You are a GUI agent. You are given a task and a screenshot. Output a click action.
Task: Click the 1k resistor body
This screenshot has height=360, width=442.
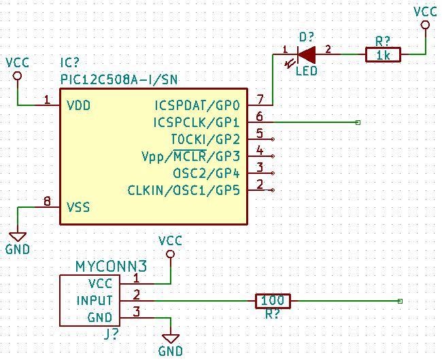coord(383,55)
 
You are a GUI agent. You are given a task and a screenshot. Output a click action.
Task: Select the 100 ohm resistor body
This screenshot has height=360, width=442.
coord(273,300)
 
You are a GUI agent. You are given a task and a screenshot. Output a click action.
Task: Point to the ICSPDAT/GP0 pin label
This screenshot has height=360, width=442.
coord(197,106)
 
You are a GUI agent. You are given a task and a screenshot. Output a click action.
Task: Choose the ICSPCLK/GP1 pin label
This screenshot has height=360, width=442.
coord(197,123)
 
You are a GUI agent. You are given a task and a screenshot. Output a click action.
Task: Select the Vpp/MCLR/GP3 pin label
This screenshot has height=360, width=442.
coord(191,157)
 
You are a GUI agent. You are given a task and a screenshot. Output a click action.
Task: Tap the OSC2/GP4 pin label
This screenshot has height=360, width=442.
coord(207,173)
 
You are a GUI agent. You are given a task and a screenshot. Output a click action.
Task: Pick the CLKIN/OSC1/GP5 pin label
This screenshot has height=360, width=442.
coord(184,190)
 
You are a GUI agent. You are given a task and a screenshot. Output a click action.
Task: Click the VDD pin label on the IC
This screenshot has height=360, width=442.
coord(79,106)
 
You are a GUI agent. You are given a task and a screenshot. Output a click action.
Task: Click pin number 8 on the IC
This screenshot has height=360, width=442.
coord(46,201)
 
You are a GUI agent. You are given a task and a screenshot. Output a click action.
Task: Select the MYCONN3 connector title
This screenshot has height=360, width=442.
coord(112,266)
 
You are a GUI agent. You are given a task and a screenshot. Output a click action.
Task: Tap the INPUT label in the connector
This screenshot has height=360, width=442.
coord(95,300)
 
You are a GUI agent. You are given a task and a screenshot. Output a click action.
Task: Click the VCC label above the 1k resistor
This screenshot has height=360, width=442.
coord(426,12)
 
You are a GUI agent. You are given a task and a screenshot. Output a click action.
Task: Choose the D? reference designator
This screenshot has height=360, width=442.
coord(307,37)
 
